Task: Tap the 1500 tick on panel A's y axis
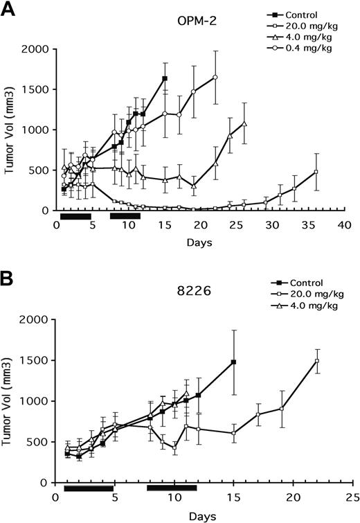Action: click(39, 89)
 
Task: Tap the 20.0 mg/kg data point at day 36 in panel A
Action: click(316, 172)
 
